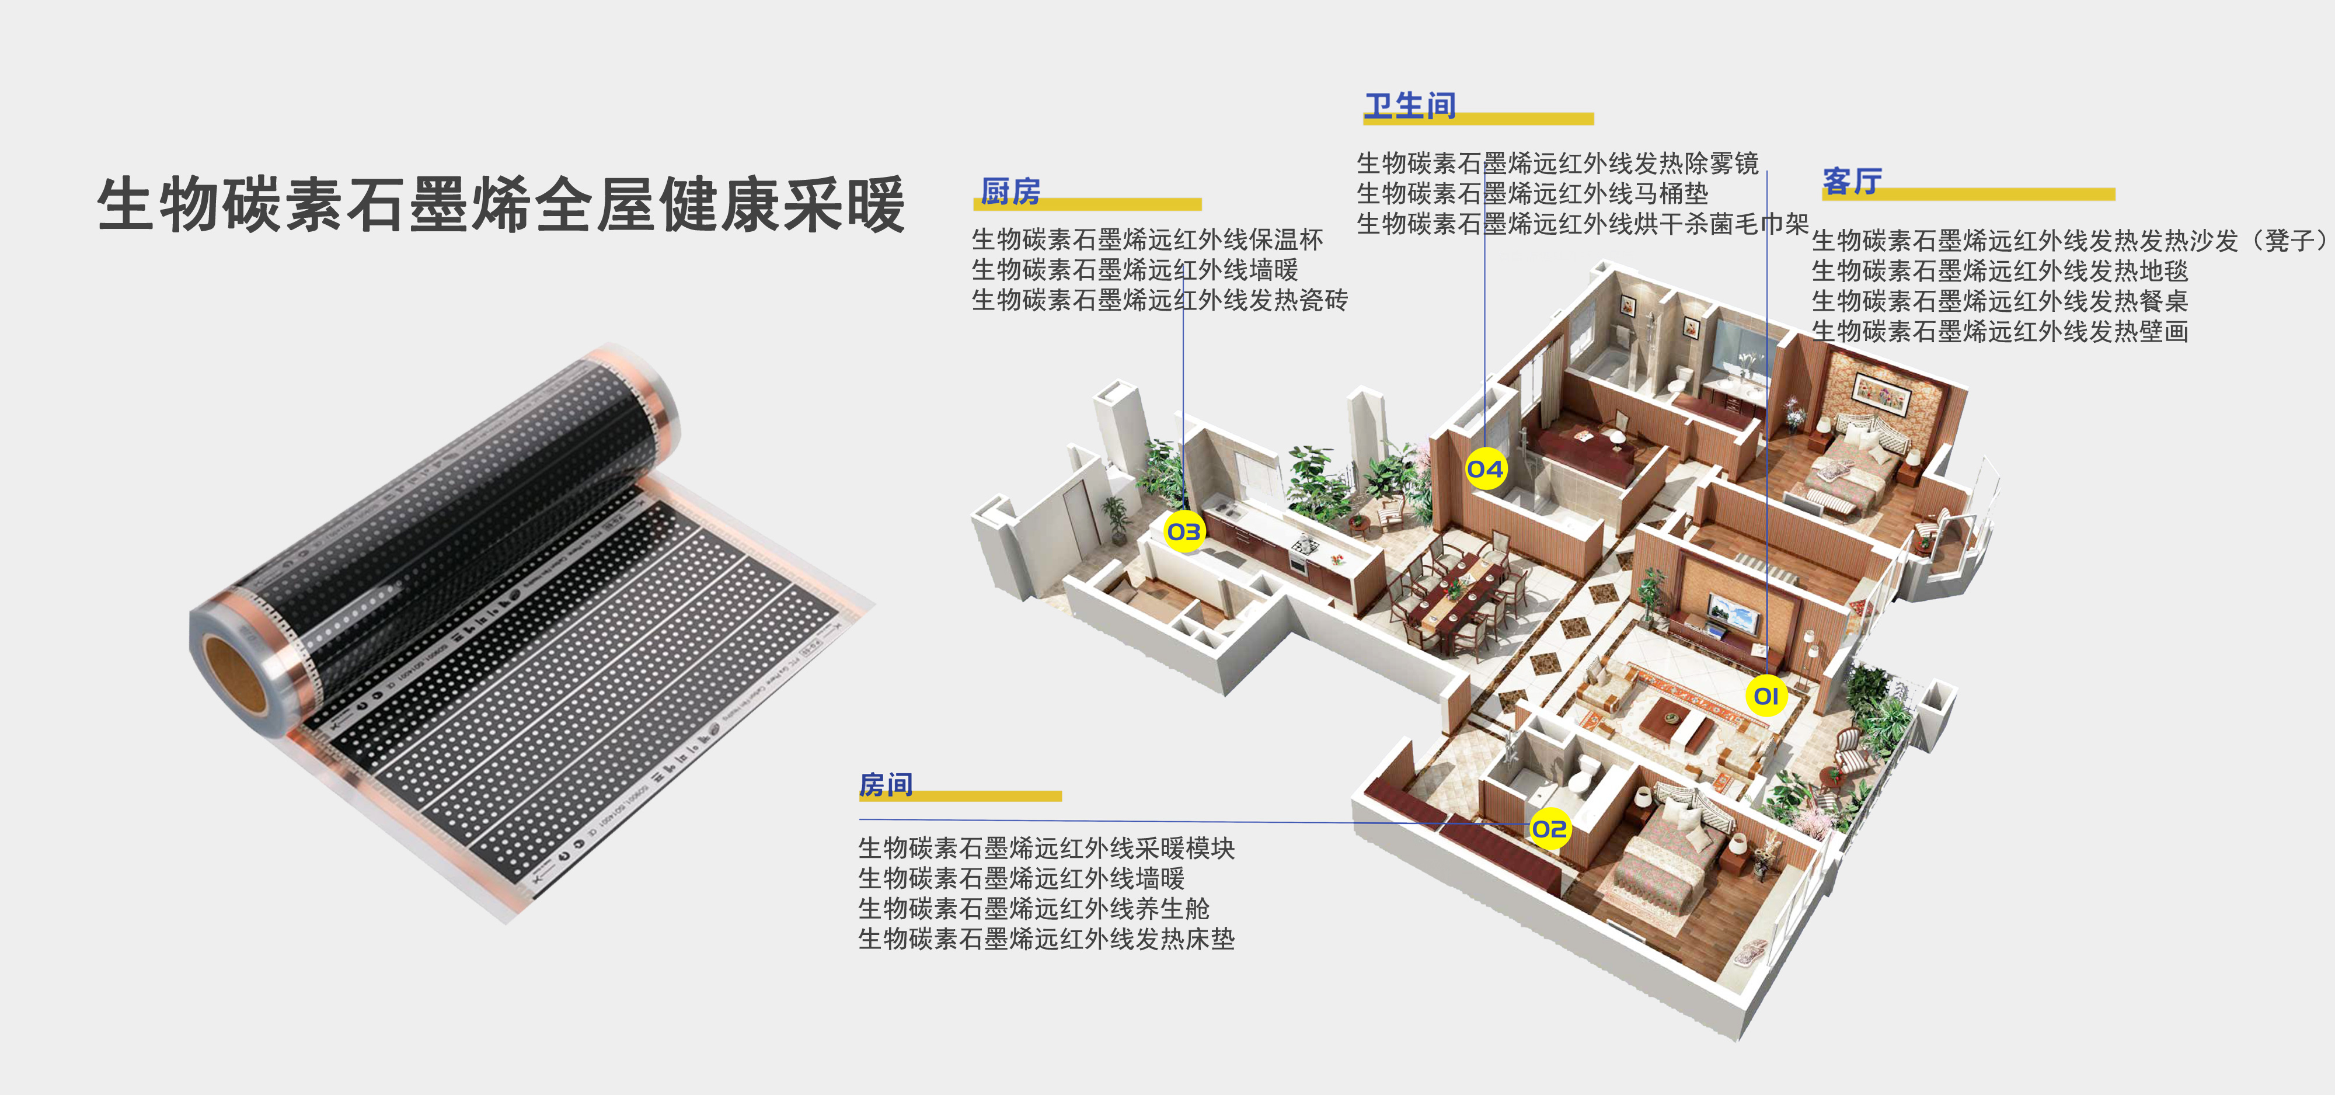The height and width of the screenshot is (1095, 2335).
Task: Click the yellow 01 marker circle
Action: (1766, 696)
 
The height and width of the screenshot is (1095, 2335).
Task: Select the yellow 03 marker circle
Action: (1184, 531)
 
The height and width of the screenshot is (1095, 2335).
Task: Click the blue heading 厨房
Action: (1010, 192)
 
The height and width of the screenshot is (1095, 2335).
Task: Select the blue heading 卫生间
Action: (1410, 106)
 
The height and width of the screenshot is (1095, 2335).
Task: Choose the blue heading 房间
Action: (886, 784)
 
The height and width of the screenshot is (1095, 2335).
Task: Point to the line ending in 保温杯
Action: (1148, 239)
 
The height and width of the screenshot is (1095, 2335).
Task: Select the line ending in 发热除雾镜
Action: (1557, 163)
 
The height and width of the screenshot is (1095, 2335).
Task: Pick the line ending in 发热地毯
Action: (1999, 270)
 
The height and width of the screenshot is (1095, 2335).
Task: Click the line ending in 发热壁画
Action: (1999, 331)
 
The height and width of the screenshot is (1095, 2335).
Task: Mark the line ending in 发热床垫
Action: (1047, 938)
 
